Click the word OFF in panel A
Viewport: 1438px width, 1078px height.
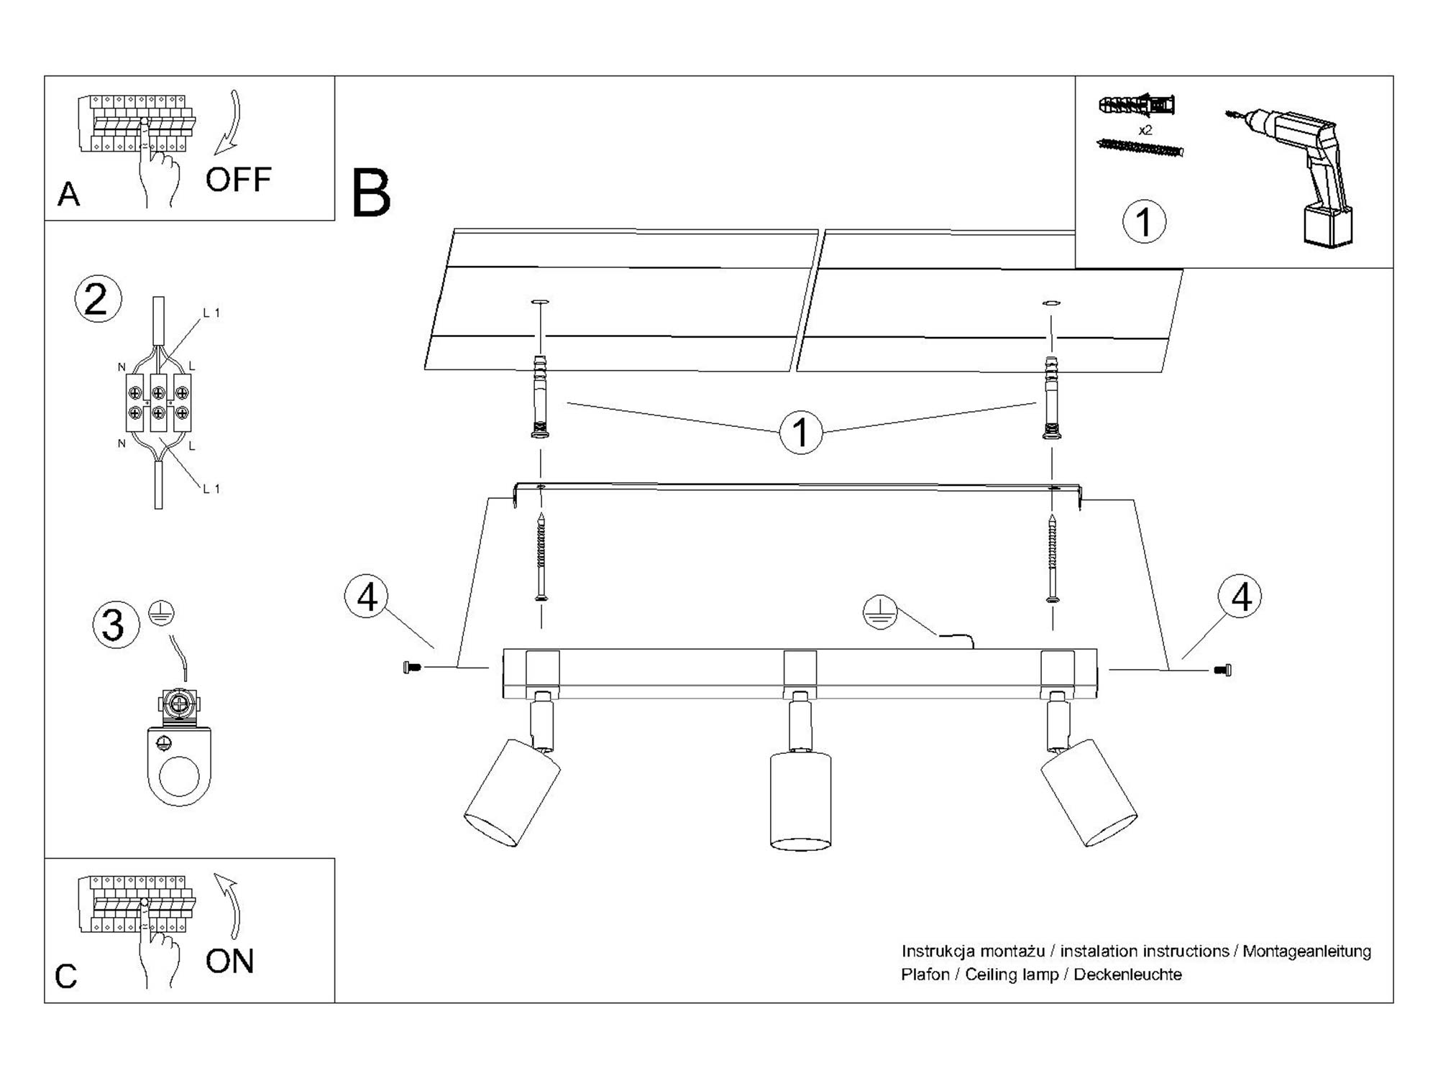238,180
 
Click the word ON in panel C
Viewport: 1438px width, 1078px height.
229,962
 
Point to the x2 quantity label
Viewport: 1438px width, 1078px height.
1145,130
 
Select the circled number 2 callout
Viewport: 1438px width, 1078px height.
97,299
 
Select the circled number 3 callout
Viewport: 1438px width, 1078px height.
114,625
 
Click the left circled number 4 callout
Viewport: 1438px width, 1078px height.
367,596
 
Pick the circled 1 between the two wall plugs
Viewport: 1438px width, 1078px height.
800,432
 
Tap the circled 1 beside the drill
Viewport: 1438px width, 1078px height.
1144,221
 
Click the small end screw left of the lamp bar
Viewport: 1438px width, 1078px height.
413,668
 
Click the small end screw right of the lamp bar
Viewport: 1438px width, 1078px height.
1222,671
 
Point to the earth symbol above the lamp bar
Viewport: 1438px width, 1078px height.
880,612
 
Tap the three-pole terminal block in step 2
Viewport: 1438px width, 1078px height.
158,402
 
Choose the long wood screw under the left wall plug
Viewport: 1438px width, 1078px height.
541,558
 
